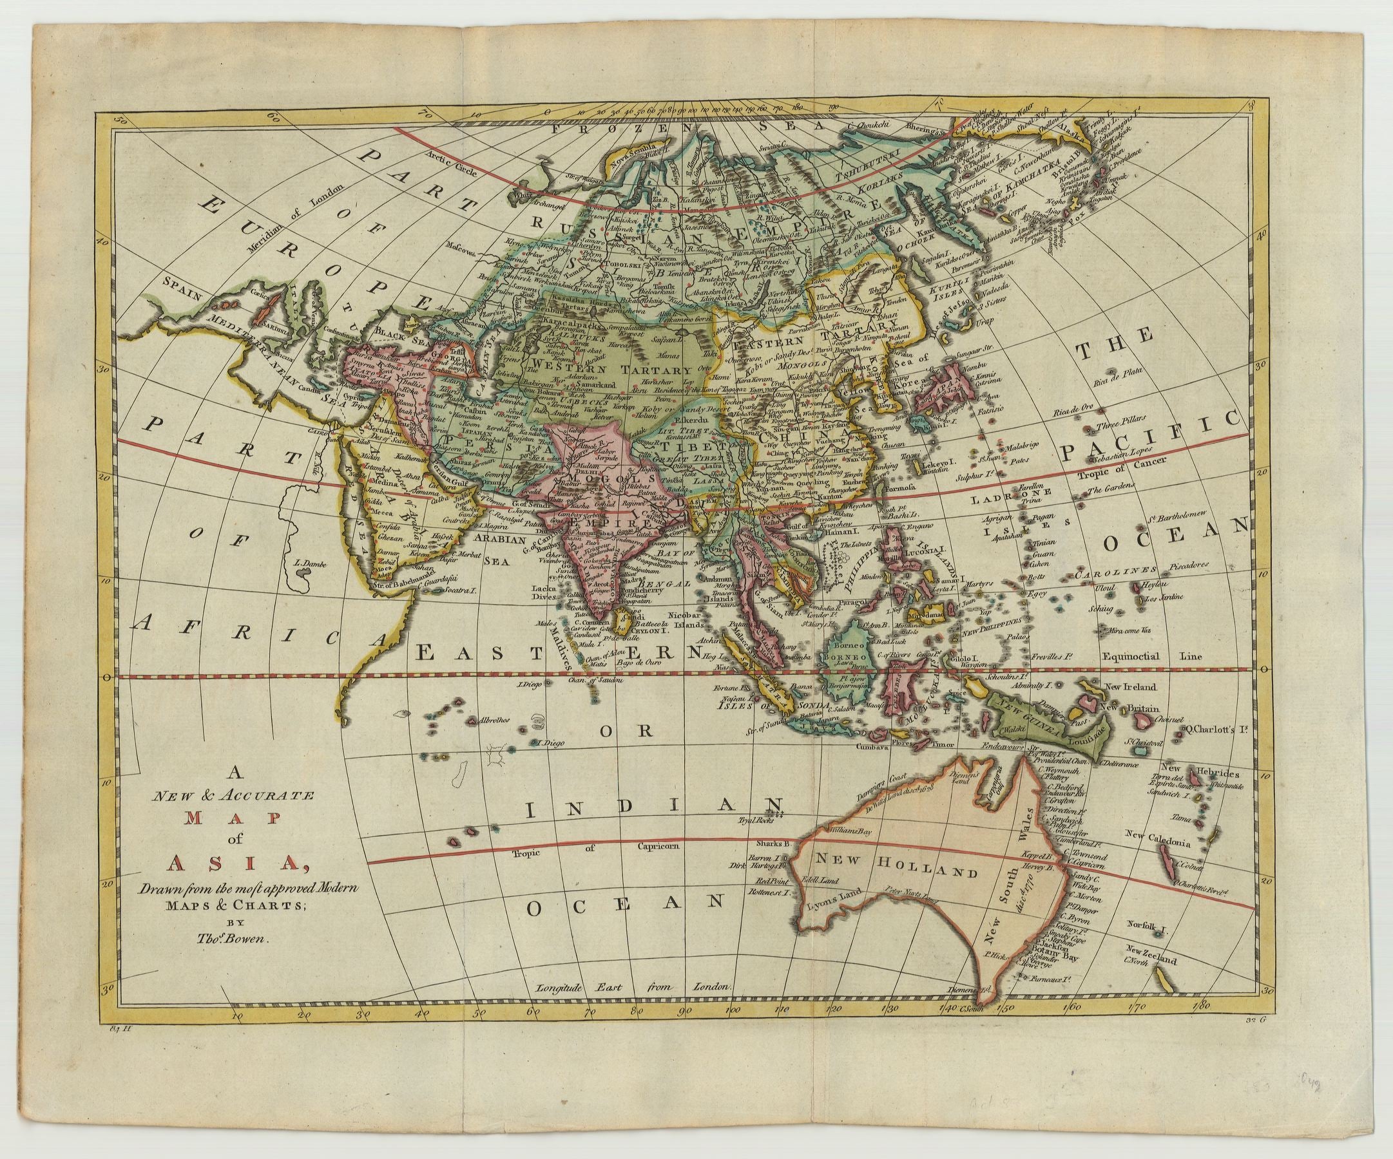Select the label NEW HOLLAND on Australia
(896, 865)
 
